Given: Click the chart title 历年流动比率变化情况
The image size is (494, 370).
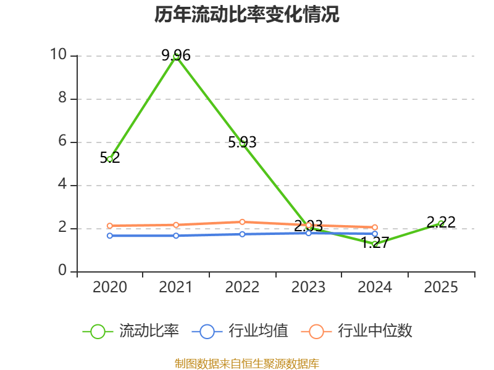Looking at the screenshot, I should pos(247,15).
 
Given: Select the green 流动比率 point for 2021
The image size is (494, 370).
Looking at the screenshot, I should pos(176,56).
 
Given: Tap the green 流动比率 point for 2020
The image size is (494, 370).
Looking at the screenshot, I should pos(110,159).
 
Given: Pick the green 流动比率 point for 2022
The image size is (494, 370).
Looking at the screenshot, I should pos(243,143).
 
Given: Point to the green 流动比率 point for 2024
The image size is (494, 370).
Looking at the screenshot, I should pos(375,244).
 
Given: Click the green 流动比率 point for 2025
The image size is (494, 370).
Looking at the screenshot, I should pos(441,223).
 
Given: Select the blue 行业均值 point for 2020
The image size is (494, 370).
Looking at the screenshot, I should pos(110,236).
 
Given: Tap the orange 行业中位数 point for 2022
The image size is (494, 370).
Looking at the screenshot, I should pos(243,222).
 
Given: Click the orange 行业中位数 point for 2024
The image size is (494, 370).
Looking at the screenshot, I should pos(375,228).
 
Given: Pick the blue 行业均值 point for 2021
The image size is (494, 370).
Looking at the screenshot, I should pos(176,236).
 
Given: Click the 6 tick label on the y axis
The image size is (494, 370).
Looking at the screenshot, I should pos(62,142).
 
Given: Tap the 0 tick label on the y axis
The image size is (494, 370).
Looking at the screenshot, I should pos(62,271).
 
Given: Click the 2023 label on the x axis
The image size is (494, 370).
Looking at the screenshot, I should pos(309,287).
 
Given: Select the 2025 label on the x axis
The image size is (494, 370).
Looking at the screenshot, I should pos(441,287).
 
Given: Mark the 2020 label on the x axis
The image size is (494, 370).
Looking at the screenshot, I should pos(110,287).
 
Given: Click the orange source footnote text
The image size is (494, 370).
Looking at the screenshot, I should pos(247,363).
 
